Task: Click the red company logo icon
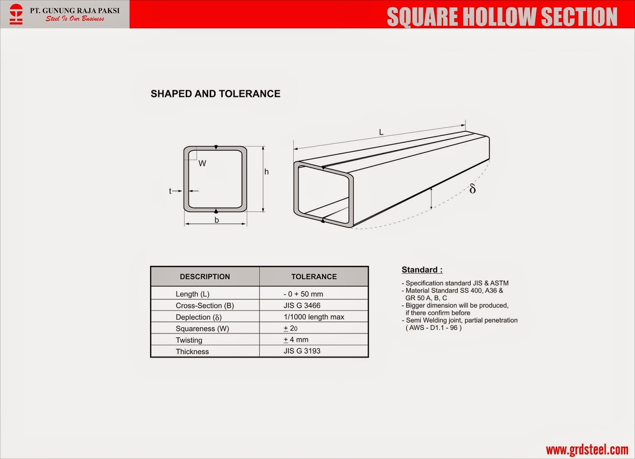[16, 14]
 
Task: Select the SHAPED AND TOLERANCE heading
[216, 94]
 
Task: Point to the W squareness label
[202, 164]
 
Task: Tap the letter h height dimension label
[266, 172]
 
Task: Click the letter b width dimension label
[217, 220]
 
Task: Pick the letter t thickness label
[170, 191]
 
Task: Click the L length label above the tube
[381, 132]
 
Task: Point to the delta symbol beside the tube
[472, 189]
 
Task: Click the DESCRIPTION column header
[205, 277]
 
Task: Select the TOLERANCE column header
[314, 277]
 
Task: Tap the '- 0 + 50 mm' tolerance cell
[303, 294]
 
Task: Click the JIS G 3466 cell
[302, 305]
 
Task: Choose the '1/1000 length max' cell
[314, 317]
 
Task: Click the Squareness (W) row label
[202, 328]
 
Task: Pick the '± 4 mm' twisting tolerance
[296, 339]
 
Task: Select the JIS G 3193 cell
[302, 351]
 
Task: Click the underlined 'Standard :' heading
[422, 270]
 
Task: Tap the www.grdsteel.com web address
[587, 449]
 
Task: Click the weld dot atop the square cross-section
[216, 147]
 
